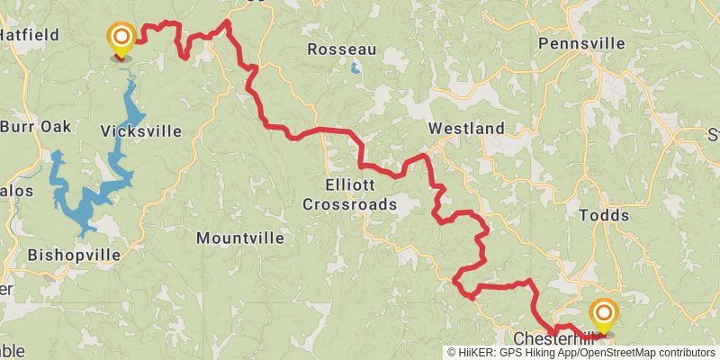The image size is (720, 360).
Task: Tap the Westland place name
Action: coord(465,129)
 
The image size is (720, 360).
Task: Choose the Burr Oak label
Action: coord(36,127)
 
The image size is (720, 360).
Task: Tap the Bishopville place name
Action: coord(74,255)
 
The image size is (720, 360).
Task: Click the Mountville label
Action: coord(239,238)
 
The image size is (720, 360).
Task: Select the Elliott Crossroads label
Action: coord(349,195)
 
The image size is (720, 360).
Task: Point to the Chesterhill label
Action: coord(554,339)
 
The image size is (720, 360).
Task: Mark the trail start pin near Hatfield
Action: coord(120,38)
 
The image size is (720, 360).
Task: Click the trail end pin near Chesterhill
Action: coord(603,315)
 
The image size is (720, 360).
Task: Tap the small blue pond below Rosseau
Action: coord(355,67)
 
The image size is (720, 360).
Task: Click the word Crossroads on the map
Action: coord(349,204)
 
